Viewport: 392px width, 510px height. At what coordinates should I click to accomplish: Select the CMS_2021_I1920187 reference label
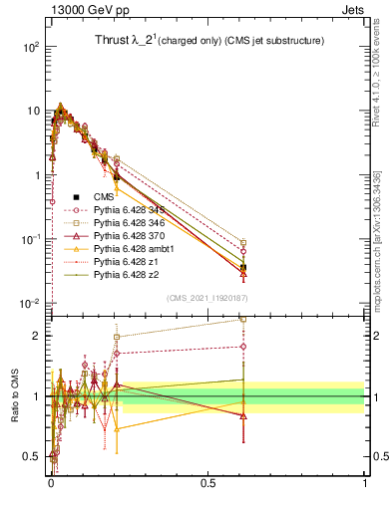[206, 297]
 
